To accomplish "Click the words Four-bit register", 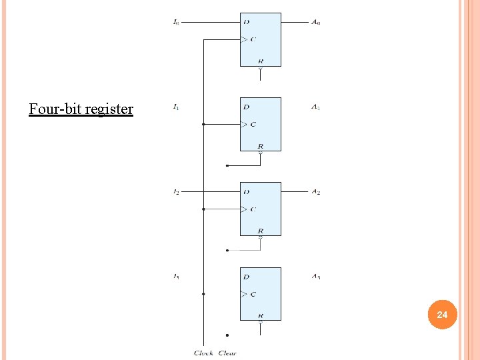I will coord(81,109).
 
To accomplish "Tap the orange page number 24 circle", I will coord(442,313).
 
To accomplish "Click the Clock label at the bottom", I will coord(203,353).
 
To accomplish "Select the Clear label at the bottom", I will coord(227,353).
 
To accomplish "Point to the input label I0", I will coord(176,22).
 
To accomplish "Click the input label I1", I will coord(176,107).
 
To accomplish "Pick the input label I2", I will coord(176,192).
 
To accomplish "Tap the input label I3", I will coord(176,277).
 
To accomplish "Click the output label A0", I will coord(315,22).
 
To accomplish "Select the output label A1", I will coord(315,107).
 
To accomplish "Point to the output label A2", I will coord(315,192).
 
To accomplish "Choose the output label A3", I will coord(315,277).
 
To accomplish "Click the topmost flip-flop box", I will coord(261,39).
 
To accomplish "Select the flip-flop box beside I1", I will coord(261,124).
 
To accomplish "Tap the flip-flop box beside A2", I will coord(261,209).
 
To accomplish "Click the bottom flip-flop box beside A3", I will coord(261,293).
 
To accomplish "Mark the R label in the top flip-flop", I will coord(260,61).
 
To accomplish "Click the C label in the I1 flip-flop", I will coord(253,124).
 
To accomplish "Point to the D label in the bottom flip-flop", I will coord(247,277).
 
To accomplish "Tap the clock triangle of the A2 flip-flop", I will coord(243,209).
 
